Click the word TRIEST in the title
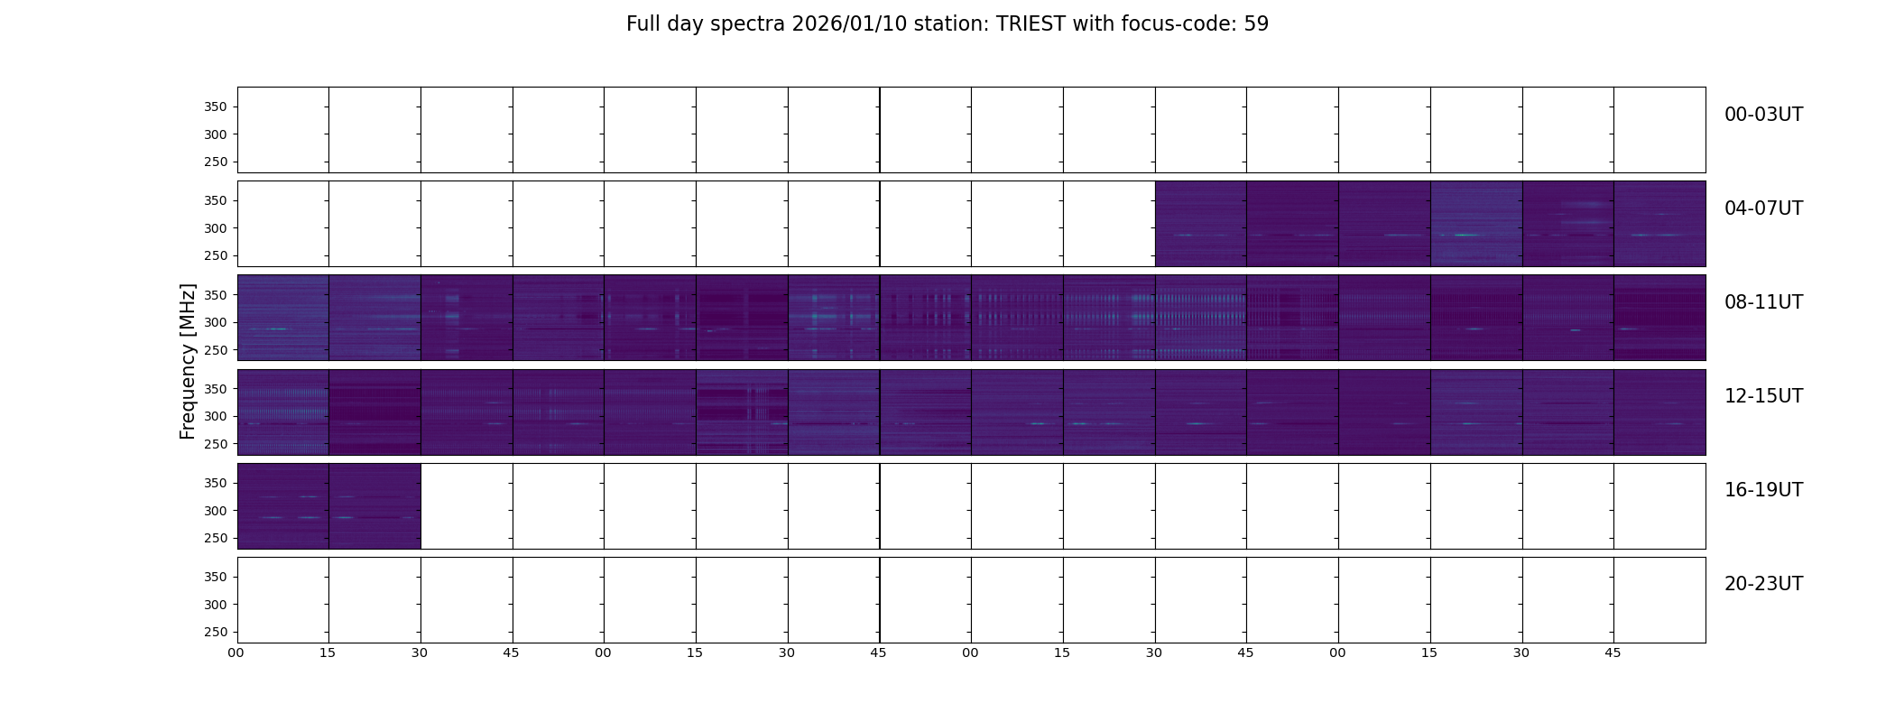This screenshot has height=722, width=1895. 1031,24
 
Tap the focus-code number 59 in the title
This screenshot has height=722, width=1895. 1256,24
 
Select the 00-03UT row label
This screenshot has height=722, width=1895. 1763,115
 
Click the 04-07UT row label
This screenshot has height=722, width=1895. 1763,208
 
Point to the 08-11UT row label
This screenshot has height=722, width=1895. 1763,302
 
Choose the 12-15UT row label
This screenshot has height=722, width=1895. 1763,396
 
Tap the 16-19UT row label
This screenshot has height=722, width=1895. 1763,490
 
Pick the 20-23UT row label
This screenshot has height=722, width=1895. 1763,584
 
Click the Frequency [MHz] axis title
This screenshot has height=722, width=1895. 188,361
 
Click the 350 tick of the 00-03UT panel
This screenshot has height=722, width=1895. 216,106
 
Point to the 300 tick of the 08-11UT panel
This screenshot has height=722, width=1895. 216,322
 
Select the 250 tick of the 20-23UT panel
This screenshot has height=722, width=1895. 216,632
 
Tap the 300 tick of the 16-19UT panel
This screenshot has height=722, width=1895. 216,511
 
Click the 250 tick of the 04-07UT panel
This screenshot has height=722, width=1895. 216,255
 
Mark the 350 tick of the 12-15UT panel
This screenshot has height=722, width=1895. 216,389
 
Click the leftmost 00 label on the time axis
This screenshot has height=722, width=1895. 236,653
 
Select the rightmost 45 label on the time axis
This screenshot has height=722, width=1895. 1613,653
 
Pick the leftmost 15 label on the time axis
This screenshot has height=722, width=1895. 328,653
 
